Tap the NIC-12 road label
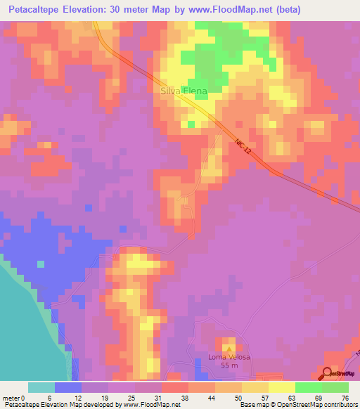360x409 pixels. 243,148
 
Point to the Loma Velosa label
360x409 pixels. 229,357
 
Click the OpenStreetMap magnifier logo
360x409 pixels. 327,373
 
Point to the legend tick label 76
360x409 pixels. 344,397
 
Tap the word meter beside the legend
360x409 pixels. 11,397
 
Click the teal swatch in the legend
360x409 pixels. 41,387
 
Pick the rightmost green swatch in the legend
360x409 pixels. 335,387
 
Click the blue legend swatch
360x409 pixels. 68,387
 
